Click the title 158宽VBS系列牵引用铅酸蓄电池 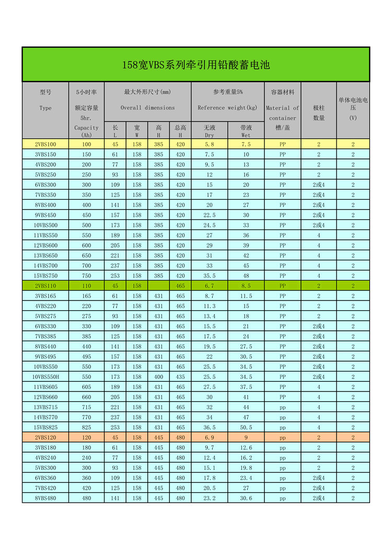[195, 65]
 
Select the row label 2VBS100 [45, 144]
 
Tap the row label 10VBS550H [45, 377]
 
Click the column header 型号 [45, 92]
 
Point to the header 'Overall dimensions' [148, 108]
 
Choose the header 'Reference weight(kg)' [227, 108]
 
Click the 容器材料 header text [283, 92]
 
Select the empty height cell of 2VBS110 [158, 286]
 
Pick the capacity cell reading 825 [86, 428]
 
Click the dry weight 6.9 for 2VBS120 [210, 437]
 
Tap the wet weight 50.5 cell [246, 428]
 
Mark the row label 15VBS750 [45, 276]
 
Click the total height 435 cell [180, 377]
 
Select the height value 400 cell [158, 377]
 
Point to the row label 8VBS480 [45, 498]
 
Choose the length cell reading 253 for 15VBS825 [115, 428]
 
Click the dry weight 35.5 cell [210, 276]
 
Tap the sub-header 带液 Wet [246, 131]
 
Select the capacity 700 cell [86, 266]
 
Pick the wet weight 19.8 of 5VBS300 [246, 468]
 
